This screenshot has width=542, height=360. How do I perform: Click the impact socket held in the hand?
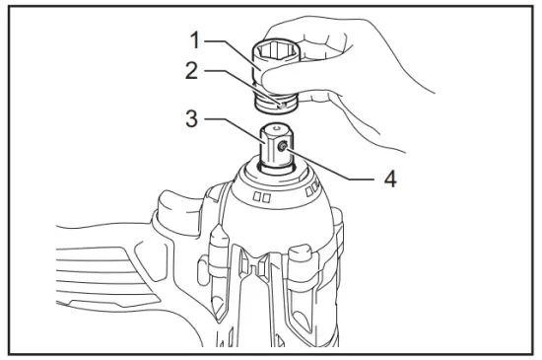[278, 70]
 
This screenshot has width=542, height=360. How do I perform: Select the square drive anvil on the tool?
[275, 148]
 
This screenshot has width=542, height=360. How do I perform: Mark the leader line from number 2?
[232, 79]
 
